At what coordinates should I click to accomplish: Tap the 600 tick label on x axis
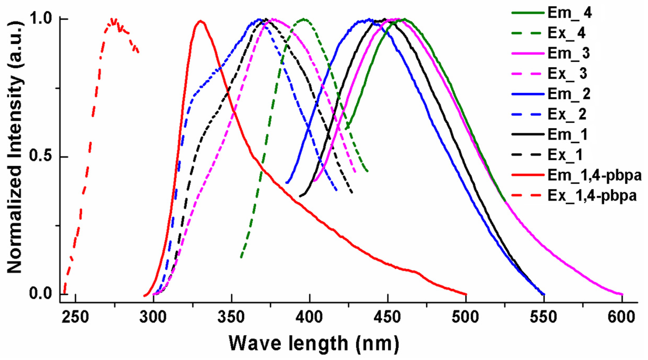click(621, 317)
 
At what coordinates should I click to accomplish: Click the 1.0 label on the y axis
click(41, 19)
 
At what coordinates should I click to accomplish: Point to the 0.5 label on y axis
click(41, 156)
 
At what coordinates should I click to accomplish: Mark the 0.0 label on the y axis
click(41, 294)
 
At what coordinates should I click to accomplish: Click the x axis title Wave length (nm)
click(314, 343)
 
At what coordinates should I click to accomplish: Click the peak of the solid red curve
click(200, 21)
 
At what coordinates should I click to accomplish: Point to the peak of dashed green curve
click(304, 19)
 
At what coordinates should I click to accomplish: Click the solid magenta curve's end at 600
click(622, 294)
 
